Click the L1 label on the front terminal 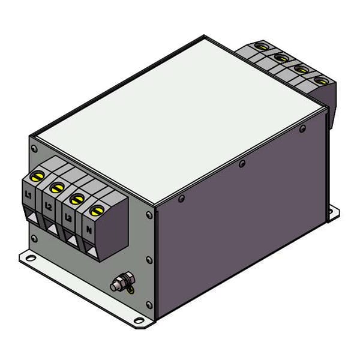coord(28,195)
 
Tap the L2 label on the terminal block coord(48,206)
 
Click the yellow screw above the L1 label coord(37,176)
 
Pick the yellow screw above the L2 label coord(57,187)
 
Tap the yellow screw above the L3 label coord(76,199)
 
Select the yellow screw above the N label coord(96,210)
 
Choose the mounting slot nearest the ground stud coord(139,320)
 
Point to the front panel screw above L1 coord(34,148)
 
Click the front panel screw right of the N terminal coord(148,214)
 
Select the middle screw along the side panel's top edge coord(242,163)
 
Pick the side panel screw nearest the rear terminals coord(303,128)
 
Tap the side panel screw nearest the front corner coord(181,197)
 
